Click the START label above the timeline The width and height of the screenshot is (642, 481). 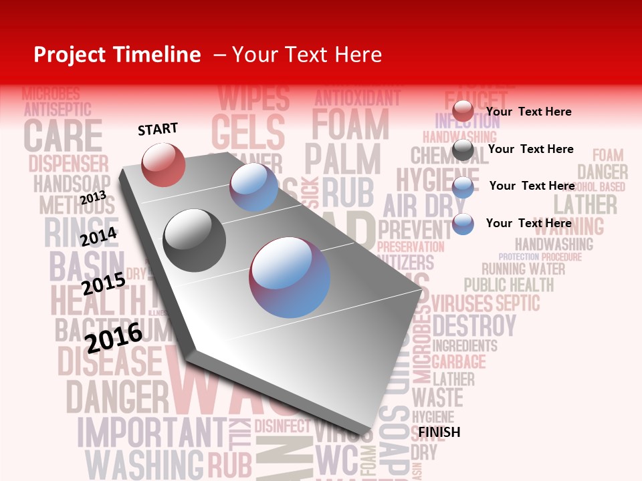tap(158, 129)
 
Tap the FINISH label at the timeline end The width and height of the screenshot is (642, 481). tap(439, 432)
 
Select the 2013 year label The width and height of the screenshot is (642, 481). tap(93, 197)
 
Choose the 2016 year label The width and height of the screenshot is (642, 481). tap(114, 337)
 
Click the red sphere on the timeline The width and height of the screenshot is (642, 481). tap(163, 164)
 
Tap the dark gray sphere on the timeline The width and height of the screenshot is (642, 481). tap(194, 240)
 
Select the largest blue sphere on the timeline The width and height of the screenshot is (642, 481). tap(290, 277)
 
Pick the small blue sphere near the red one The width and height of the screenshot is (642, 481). tap(254, 187)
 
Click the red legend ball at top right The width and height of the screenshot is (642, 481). tap(463, 112)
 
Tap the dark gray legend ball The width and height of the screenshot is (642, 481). tap(463, 150)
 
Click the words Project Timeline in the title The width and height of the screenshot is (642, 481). tap(117, 55)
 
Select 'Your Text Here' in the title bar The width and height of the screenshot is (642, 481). tap(307, 55)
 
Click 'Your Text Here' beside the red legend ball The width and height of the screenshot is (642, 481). tap(529, 112)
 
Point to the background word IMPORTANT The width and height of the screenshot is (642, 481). tap(152, 432)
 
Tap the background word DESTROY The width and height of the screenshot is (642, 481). tap(474, 327)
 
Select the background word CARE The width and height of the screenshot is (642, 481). tap(64, 135)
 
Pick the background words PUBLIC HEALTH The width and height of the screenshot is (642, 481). tap(509, 285)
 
